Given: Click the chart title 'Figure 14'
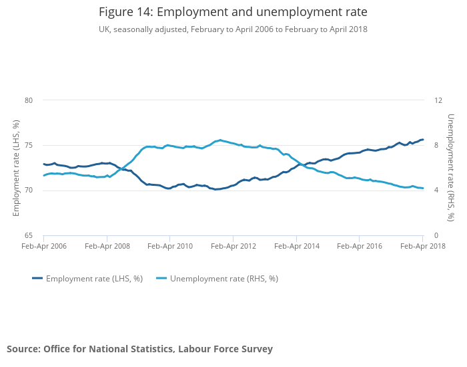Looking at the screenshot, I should coord(233,12).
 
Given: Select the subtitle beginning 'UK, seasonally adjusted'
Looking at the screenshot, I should coord(233,29).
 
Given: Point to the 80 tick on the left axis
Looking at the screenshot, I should coord(29,100).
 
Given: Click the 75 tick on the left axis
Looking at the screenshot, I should coord(29,146).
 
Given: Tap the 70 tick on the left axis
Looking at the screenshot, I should coord(29,191).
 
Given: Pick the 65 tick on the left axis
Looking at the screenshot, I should coord(29,236).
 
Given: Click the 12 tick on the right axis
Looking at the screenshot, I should coord(438,100).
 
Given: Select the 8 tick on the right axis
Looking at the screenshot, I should coord(436,146).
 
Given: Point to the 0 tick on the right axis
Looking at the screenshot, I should coord(436,236).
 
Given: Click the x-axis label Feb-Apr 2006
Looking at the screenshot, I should coord(44,247).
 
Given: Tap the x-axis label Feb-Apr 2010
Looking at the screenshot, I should coord(169,247).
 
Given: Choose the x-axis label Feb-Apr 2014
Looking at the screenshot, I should coord(296,247).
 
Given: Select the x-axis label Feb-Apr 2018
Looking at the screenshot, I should coord(423,247).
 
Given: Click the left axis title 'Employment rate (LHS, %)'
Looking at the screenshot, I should coord(17,168).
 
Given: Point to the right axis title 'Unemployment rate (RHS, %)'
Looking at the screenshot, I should coord(451,168).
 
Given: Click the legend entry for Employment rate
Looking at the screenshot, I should coord(87,279).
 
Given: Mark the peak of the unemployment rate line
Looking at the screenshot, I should coord(220,140).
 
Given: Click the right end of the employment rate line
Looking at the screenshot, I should coord(423,140).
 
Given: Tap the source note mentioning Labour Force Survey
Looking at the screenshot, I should coord(139,349).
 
